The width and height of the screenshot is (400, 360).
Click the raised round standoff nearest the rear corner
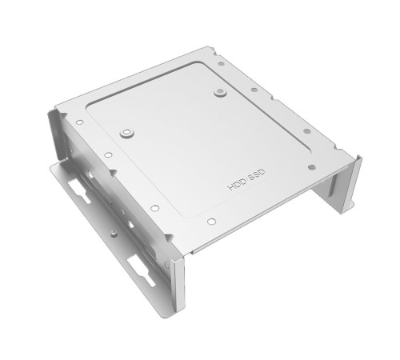[x=219, y=94]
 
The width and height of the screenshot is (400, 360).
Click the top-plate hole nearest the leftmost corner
[x=80, y=123]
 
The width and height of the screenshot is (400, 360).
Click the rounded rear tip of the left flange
[x=57, y=168]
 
